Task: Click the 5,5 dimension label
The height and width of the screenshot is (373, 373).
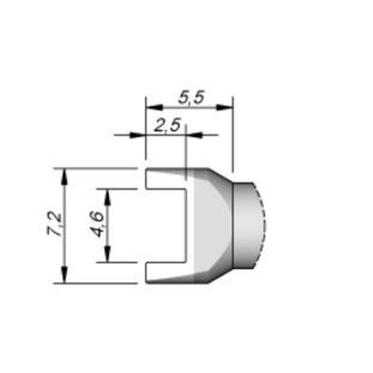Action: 191,98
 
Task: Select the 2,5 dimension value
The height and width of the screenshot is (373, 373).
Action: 167,125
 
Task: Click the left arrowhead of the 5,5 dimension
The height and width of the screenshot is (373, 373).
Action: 154,107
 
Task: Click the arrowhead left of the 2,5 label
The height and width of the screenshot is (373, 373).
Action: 137,135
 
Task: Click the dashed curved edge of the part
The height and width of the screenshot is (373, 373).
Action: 264,224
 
